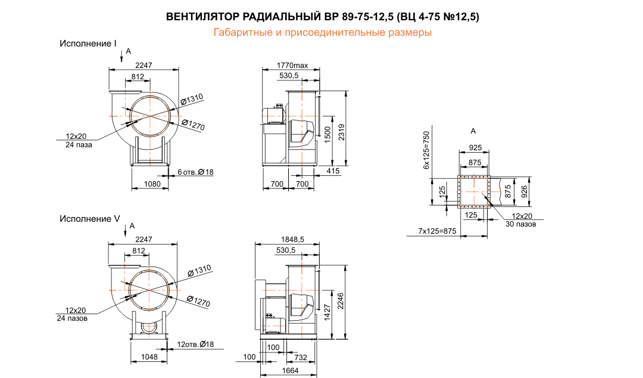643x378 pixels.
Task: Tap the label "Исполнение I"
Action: click(88, 44)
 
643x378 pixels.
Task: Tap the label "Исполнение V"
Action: click(89, 219)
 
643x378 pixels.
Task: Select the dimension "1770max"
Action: click(292, 65)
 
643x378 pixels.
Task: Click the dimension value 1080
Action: click(153, 184)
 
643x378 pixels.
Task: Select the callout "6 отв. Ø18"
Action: click(196, 172)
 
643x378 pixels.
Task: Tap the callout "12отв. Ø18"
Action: click(195, 345)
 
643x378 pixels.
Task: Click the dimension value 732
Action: click(302, 357)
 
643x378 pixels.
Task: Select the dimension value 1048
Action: click(150, 357)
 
